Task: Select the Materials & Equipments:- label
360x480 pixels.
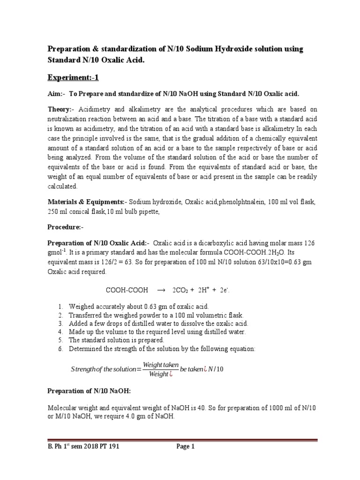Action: (x=87, y=202)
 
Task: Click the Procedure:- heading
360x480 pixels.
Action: (x=66, y=227)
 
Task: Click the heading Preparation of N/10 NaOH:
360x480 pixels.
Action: (x=89, y=390)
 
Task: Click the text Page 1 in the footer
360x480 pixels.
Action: (x=185, y=447)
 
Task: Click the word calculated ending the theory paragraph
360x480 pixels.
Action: (x=63, y=186)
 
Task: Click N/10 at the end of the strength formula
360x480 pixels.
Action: (x=217, y=369)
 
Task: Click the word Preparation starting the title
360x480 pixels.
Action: (x=70, y=49)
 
